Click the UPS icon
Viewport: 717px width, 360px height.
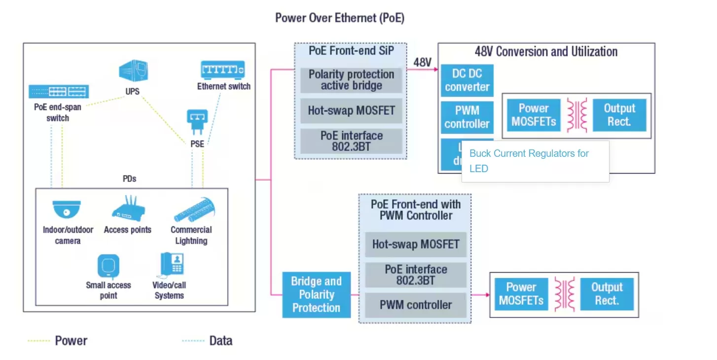point(133,70)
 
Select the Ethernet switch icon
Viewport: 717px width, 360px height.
point(223,70)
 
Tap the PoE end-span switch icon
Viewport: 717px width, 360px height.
point(58,92)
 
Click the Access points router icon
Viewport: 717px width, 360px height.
point(127,207)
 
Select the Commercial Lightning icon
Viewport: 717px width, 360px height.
point(193,210)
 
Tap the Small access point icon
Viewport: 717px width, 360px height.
point(108,266)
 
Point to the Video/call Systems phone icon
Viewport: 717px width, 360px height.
point(171,265)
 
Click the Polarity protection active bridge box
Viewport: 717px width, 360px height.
point(351,80)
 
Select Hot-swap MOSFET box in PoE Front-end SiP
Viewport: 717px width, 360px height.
point(351,110)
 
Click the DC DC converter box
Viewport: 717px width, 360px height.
point(466,80)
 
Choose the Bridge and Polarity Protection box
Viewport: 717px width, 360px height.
point(316,294)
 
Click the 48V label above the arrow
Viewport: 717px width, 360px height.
point(422,62)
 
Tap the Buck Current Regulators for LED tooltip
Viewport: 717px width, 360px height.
point(535,161)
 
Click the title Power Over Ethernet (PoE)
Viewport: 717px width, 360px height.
point(340,18)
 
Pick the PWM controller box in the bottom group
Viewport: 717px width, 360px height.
point(415,305)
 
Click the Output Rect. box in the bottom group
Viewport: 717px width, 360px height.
point(607,294)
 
